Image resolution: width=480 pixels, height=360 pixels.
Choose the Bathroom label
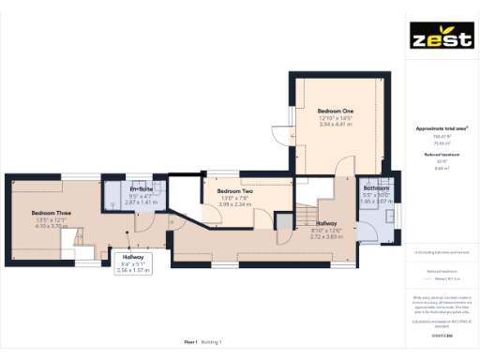coord(378,189)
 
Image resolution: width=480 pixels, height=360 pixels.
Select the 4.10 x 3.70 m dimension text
coord(52,226)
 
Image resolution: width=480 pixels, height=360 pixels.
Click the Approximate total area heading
coord(441,127)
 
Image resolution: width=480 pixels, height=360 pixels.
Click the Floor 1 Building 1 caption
coord(203,342)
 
